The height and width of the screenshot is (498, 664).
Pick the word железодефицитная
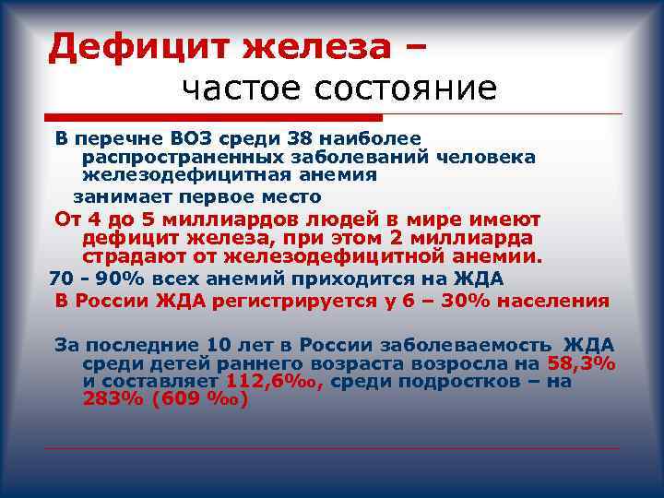tap(185, 174)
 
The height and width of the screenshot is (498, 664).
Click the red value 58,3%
tap(582, 362)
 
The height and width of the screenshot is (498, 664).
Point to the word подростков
tap(462, 381)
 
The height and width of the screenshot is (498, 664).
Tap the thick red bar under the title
tap(213, 117)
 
